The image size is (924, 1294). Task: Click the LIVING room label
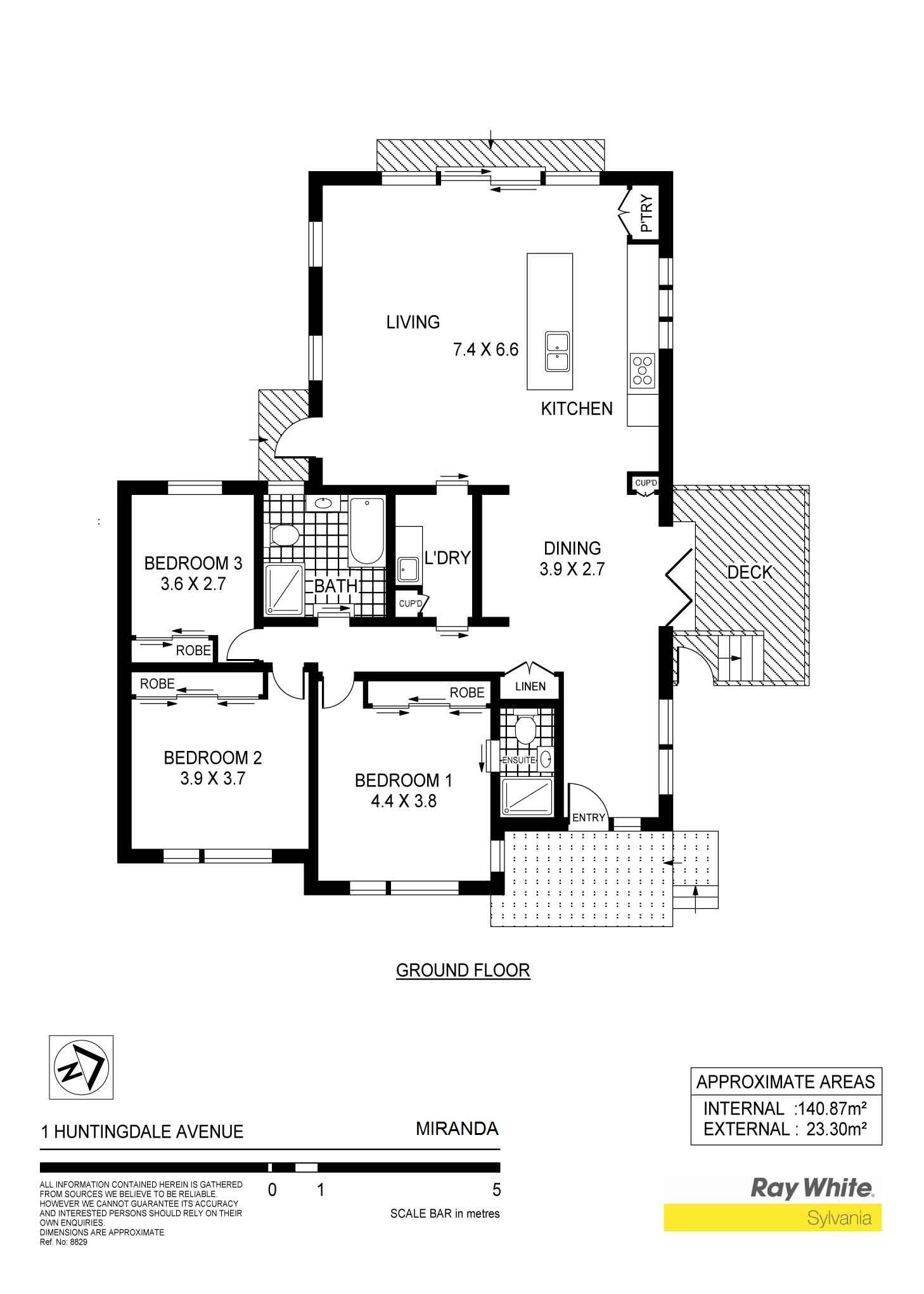click(x=413, y=323)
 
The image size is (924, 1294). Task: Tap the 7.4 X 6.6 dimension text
click(x=486, y=349)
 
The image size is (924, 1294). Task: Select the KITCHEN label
click(x=577, y=409)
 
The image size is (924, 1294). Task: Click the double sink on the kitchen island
click(x=558, y=352)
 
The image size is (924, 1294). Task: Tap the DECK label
click(x=750, y=573)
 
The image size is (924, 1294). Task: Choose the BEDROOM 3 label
click(x=193, y=563)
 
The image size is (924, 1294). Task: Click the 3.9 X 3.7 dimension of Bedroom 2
click(x=213, y=778)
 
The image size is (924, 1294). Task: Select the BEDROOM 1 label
click(x=404, y=780)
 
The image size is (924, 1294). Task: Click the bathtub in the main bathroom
click(x=367, y=531)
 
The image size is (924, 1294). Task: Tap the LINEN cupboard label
click(x=530, y=686)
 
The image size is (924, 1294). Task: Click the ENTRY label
click(x=589, y=817)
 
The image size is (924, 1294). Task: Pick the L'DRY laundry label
click(x=447, y=558)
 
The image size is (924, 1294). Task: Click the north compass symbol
click(x=81, y=1067)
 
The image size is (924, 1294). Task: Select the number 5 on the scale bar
click(x=496, y=1189)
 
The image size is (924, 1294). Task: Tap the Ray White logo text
click(x=812, y=1188)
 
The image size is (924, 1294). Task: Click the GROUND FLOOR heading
click(x=463, y=970)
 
